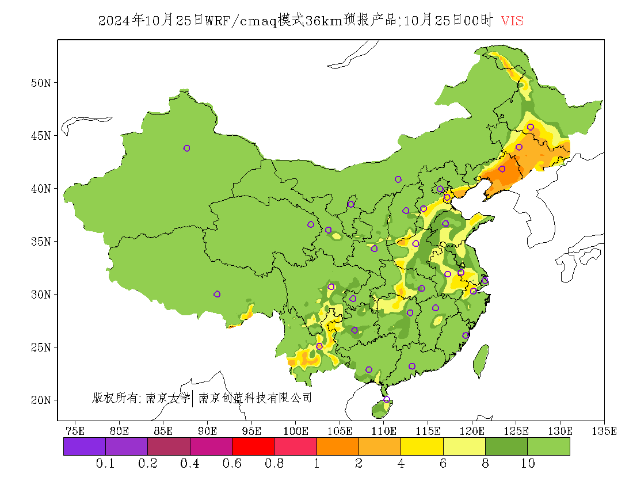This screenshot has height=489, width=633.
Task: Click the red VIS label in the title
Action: click(512, 21)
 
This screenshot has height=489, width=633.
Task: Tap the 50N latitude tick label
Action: click(41, 83)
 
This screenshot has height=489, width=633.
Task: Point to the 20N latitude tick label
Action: click(41, 400)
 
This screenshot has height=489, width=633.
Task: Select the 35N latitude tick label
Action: click(41, 241)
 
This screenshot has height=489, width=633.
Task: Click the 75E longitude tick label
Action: click(75, 430)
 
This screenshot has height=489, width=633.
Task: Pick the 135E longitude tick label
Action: click(604, 430)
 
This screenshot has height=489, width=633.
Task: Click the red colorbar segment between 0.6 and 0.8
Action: click(253, 446)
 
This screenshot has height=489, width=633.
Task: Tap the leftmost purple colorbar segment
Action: click(85, 446)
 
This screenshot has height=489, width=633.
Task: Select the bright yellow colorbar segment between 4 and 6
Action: click(422, 446)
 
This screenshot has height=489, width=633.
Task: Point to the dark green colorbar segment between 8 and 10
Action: click(506, 446)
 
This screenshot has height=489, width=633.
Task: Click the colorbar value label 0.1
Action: click(106, 464)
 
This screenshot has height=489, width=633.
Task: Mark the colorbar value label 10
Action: click(528, 464)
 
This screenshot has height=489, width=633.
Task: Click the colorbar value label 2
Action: click(359, 464)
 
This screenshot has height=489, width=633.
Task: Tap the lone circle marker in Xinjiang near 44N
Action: click(186, 148)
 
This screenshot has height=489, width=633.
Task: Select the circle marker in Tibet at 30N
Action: click(217, 294)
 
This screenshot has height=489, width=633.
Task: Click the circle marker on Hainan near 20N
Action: click(387, 399)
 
